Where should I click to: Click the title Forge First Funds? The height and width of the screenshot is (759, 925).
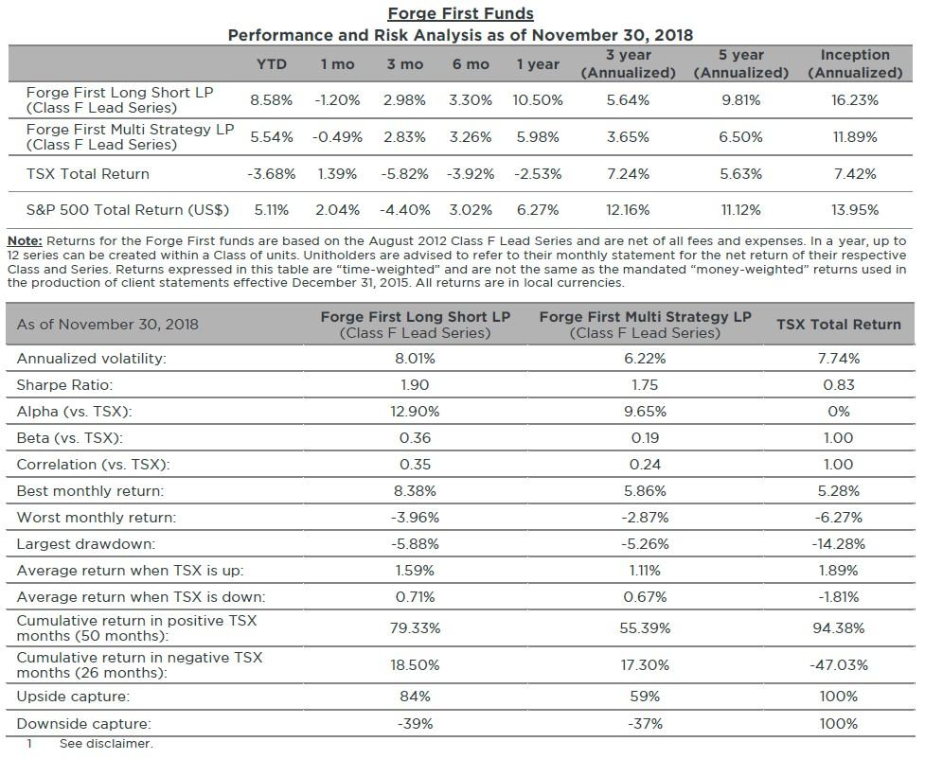(460, 13)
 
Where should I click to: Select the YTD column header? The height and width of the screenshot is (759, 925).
(272, 64)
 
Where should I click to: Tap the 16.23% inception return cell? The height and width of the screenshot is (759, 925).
(854, 100)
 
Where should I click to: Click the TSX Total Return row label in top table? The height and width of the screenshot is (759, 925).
(87, 174)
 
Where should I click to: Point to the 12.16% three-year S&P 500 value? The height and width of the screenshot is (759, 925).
(628, 210)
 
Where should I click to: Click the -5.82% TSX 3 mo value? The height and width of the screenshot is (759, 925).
(404, 174)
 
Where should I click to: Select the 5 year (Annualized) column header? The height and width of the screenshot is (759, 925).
(740, 63)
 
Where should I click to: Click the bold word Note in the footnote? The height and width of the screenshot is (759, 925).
(25, 241)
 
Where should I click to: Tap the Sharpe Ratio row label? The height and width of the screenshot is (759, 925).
(64, 385)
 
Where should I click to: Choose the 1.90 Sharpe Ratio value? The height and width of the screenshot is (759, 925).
(415, 385)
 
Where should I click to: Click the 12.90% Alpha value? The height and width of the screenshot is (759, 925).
(415, 412)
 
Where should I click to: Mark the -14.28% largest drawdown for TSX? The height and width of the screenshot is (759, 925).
(838, 544)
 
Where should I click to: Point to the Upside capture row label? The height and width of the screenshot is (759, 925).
(73, 697)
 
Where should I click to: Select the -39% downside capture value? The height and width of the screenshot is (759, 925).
(415, 724)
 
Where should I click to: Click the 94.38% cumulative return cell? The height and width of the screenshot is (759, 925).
(838, 628)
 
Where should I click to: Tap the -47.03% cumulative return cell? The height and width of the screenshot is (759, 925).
(838, 665)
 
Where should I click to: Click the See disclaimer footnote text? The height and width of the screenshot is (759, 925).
(105, 745)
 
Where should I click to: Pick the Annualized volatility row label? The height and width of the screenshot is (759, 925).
(91, 359)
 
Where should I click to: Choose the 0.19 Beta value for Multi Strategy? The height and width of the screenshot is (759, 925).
(645, 438)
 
